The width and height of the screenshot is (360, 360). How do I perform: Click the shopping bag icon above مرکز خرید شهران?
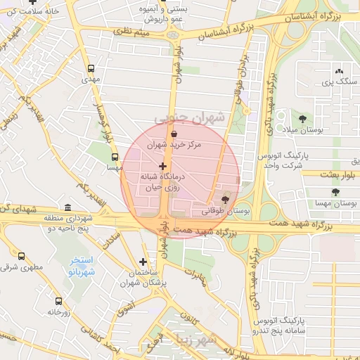174,133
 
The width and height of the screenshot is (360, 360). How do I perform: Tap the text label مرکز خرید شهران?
174,145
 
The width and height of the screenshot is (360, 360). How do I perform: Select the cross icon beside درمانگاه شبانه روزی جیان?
163,166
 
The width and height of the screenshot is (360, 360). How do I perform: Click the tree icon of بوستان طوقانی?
225,200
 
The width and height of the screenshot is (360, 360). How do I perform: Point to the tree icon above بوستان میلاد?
303,118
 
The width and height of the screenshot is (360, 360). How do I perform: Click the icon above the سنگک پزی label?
340,71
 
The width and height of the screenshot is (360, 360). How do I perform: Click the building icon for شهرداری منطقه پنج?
67,207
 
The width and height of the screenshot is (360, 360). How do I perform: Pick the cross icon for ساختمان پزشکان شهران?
143,262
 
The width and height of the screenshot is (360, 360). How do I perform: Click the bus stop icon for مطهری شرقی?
21,257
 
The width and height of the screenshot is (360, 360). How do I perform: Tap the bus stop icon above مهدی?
90,69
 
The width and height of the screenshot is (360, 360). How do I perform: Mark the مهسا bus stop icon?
115,157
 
